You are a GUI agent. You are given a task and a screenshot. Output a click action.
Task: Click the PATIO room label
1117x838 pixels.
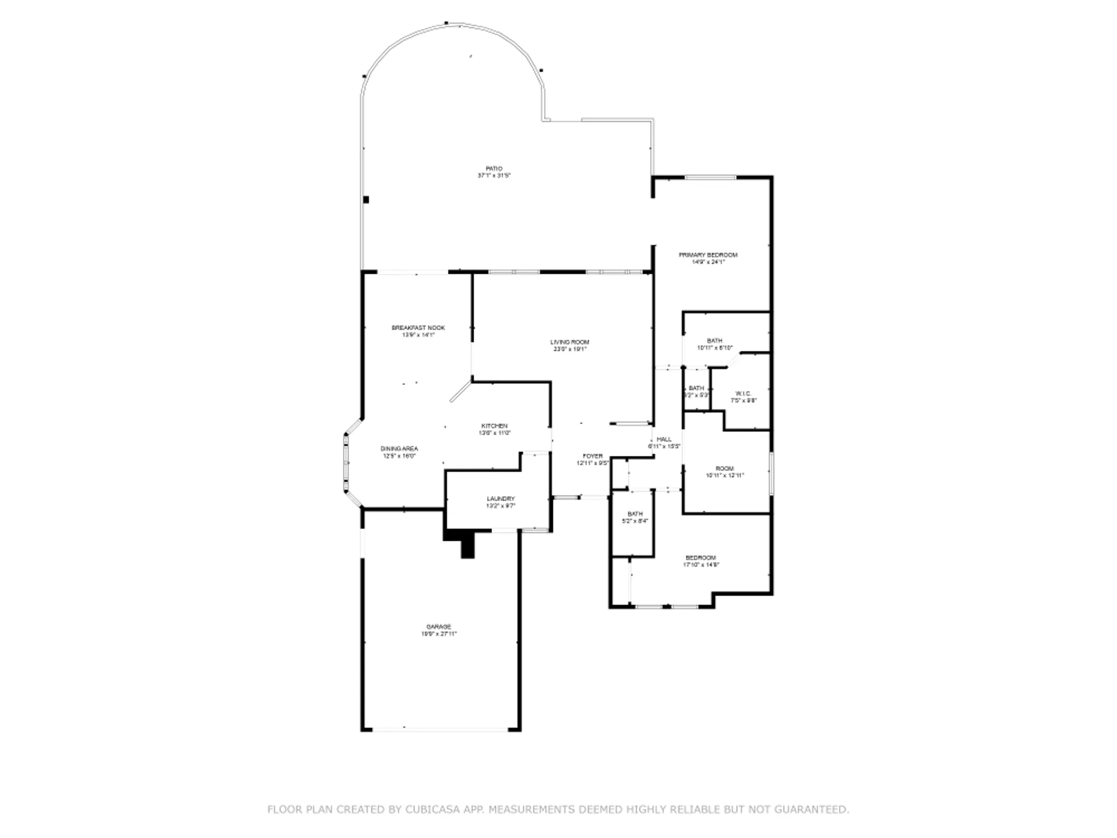[494, 168]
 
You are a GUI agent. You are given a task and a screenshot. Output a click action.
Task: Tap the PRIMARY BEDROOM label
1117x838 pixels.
[708, 255]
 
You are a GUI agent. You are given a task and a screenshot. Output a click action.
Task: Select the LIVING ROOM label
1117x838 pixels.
[570, 342]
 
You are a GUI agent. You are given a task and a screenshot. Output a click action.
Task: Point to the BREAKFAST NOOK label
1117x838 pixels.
[418, 328]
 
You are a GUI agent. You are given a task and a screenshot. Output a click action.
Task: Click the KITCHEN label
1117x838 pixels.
[494, 426]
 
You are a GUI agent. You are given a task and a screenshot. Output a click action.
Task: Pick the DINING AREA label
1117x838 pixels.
[399, 449]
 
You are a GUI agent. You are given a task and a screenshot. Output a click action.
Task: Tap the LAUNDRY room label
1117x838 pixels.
[500, 499]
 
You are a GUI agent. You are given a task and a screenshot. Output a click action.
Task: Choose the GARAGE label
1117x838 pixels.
[439, 627]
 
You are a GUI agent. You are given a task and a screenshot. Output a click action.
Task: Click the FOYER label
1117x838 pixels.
[593, 456]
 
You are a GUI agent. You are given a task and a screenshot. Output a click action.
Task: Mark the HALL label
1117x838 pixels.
[664, 439]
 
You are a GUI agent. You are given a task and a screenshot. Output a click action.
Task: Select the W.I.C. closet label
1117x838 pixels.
[744, 393]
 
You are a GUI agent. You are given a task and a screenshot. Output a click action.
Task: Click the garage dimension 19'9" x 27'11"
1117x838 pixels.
[439, 634]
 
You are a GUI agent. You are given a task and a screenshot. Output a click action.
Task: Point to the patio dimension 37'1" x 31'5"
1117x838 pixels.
[494, 175]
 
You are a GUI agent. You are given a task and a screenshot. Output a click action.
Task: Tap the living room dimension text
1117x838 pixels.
[570, 349]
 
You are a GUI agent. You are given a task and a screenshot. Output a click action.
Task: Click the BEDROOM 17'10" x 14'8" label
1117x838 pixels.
[701, 558]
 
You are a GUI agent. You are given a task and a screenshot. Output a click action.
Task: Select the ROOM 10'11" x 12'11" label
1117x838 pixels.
[725, 468]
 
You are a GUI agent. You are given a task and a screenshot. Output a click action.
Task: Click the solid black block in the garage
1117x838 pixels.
[467, 544]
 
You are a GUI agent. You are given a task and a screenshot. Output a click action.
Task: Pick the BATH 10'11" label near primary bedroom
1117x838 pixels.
[714, 340]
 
